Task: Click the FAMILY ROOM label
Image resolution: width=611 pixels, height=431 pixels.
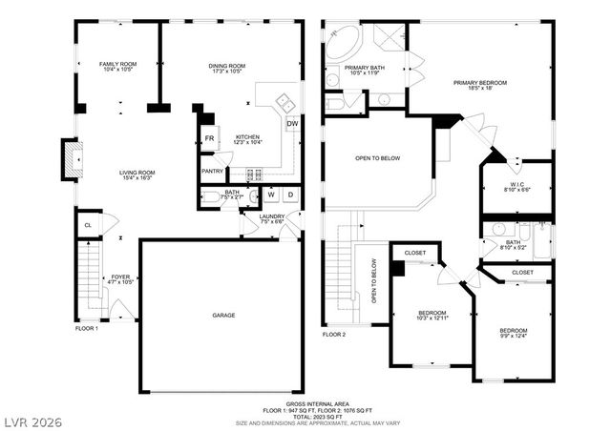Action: click(119, 64)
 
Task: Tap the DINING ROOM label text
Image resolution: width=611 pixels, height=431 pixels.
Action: click(227, 64)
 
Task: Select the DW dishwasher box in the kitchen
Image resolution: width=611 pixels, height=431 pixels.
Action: click(291, 123)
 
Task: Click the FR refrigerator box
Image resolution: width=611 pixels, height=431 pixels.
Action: click(209, 139)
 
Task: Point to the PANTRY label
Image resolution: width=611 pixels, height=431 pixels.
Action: click(212, 171)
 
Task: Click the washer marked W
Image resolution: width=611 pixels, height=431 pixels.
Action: click(271, 195)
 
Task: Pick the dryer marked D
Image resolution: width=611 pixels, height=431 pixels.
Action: click(290, 195)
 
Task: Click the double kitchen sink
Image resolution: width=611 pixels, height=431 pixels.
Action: click(284, 100)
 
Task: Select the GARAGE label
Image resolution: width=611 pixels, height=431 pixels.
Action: click(223, 315)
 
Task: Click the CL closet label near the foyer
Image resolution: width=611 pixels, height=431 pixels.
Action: click(88, 225)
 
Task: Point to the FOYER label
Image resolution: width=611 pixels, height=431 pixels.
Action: click(120, 277)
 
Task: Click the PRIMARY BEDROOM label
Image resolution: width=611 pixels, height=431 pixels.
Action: click(479, 83)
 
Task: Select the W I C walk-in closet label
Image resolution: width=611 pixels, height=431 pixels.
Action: click(516, 183)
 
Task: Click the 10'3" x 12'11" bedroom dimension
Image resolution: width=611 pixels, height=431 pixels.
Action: click(432, 319)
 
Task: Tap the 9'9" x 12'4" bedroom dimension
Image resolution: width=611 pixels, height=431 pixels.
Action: click(514, 335)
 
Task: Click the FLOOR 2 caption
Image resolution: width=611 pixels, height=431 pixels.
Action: click(333, 335)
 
